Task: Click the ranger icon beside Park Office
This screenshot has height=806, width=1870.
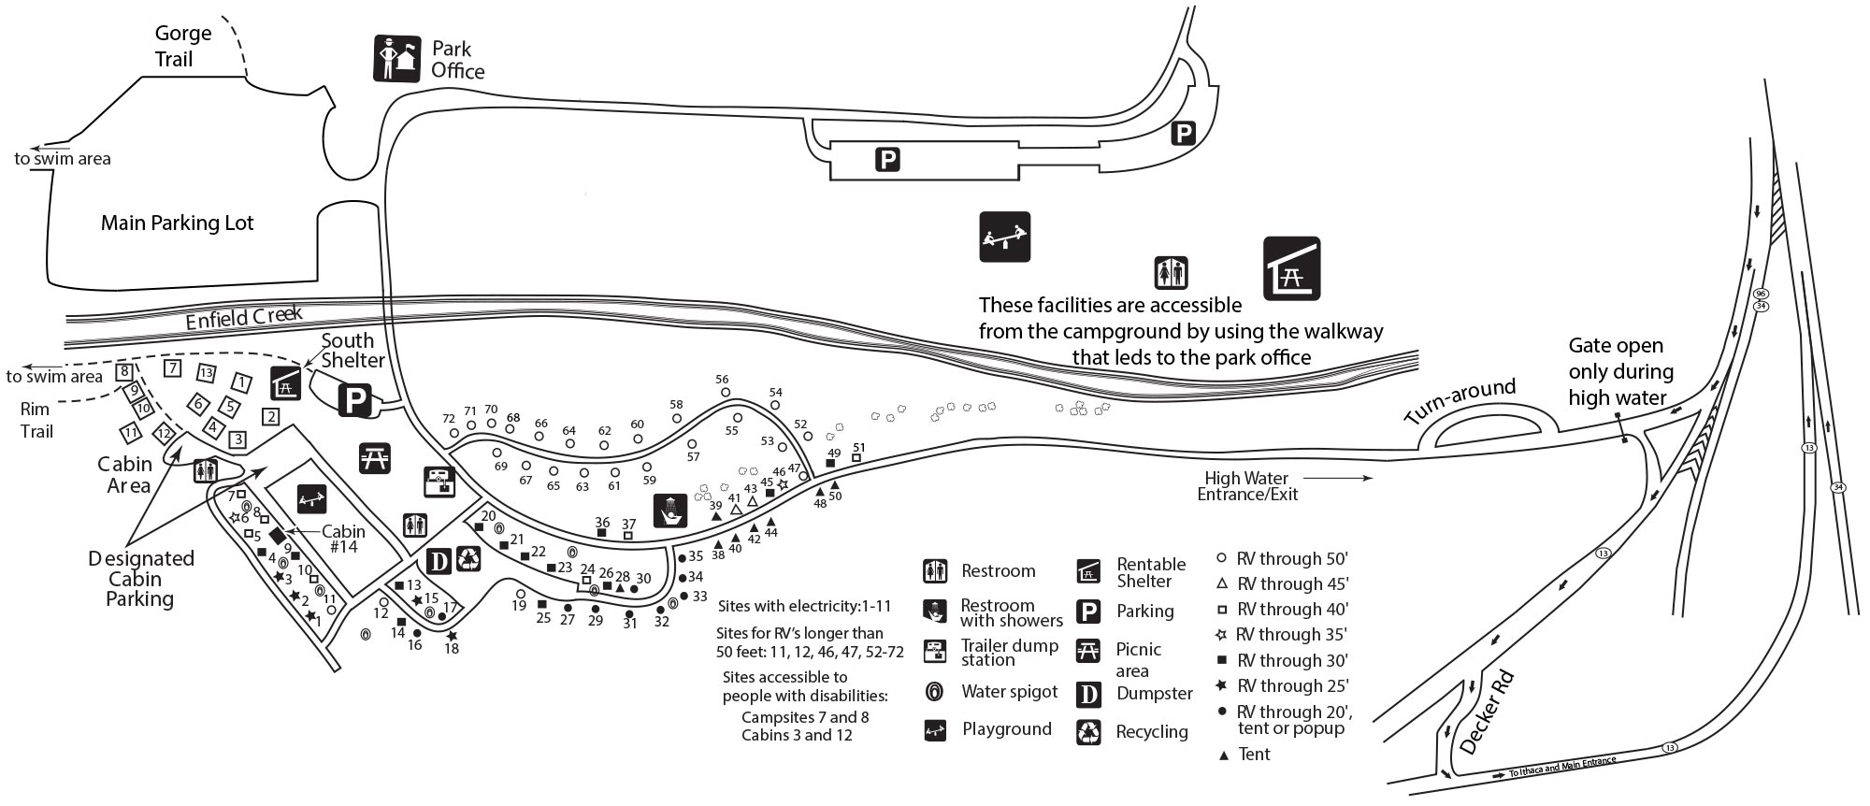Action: pos(397,58)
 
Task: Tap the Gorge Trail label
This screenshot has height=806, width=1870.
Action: pos(182,46)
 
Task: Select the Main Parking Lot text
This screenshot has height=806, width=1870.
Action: pos(177,223)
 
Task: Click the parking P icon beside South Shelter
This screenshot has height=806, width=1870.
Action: pos(354,401)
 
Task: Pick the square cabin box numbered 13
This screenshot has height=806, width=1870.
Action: pos(207,373)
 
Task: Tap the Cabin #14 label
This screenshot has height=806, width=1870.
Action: pos(343,539)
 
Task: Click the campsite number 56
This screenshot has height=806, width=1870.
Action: pos(722,380)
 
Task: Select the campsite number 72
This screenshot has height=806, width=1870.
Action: pos(449,418)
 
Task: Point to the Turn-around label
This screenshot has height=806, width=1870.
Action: pos(1460,401)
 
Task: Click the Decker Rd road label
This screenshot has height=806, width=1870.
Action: pos(1487,712)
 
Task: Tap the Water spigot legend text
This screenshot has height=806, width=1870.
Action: pos(1009,692)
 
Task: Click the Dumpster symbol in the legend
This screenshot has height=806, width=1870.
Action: pos(1088,694)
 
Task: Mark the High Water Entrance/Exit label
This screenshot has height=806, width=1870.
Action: pos(1246,486)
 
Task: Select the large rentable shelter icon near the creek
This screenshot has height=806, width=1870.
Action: pos(1291,268)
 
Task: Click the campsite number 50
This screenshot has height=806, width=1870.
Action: pos(835,497)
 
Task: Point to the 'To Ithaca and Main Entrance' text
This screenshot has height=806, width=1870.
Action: pos(1561,768)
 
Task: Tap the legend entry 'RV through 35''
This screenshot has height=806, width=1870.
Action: pos(1291,635)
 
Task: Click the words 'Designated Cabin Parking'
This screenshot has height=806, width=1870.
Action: pos(140,579)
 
